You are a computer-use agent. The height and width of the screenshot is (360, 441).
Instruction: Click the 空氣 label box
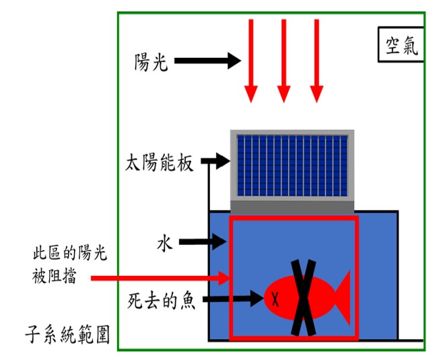click(x=401, y=44)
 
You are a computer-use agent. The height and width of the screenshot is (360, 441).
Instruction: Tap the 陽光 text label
click(x=151, y=62)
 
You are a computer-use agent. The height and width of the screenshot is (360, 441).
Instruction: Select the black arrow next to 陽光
click(x=207, y=61)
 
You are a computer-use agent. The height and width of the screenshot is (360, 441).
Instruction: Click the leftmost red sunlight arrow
click(x=251, y=61)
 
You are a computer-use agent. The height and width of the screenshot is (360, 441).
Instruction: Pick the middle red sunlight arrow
click(x=283, y=61)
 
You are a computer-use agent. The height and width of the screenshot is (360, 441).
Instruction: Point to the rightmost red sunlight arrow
click(x=316, y=61)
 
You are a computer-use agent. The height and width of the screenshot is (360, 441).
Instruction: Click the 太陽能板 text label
click(x=159, y=162)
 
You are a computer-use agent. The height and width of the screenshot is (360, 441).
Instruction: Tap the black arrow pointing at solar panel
click(x=215, y=161)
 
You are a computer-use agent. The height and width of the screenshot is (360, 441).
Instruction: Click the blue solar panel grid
click(x=292, y=166)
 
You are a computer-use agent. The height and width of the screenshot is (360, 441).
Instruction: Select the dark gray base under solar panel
click(x=292, y=208)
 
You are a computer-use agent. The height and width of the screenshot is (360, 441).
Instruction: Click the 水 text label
click(x=164, y=244)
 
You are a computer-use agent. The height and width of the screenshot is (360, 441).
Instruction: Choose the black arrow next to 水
click(x=203, y=242)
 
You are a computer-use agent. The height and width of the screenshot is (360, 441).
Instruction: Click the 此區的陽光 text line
click(x=70, y=253)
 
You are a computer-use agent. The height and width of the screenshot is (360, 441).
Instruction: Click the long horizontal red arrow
click(x=160, y=278)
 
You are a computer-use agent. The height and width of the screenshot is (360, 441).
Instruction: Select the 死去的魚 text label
click(x=162, y=301)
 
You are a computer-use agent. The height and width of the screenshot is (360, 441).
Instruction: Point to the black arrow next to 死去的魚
click(x=233, y=299)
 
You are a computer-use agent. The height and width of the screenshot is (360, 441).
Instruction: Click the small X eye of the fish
click(x=275, y=299)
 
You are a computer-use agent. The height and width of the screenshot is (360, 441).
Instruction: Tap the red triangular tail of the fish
click(x=342, y=298)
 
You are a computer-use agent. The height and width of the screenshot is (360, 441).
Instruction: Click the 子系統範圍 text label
click(x=67, y=334)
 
